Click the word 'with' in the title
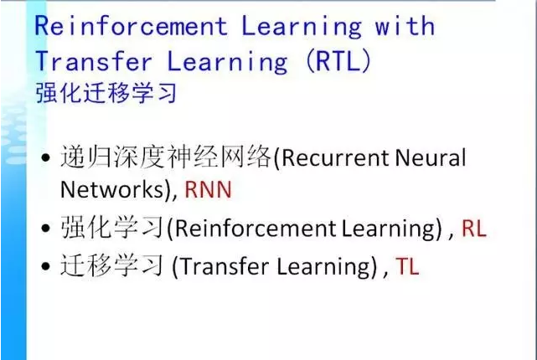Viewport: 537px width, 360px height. coord(405,26)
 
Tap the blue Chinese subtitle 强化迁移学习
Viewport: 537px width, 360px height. coord(106,93)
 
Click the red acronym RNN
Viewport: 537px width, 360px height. coord(209,190)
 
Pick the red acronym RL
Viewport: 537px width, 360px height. coord(474,229)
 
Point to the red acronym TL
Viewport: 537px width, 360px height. coord(407,266)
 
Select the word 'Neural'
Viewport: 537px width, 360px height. coord(431,157)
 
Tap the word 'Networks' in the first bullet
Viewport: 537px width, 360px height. coord(112,190)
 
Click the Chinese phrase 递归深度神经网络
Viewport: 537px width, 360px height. coord(166,157)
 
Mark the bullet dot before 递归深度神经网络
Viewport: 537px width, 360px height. coord(45,158)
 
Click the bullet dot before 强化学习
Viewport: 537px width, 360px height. coord(45,229)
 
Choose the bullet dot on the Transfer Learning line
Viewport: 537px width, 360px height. coord(45,266)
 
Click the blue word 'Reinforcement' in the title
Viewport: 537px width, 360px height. coord(132,26)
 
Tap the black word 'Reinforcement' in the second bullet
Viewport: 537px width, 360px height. coord(256,229)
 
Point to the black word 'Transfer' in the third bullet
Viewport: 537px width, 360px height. coord(224,266)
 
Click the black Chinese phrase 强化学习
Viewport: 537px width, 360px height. coord(112,228)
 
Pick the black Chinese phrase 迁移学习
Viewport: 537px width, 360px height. coord(112,266)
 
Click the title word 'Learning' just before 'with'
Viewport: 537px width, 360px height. coord(302,27)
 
